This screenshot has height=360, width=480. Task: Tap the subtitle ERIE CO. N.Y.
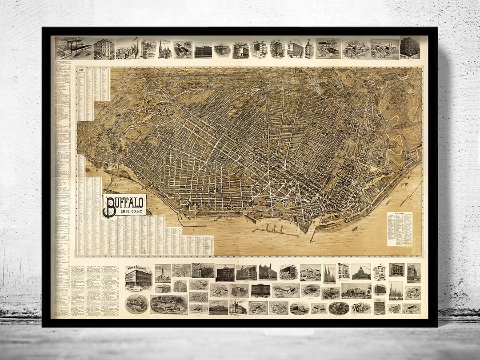click(130, 212)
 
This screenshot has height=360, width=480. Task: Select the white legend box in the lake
click(400, 228)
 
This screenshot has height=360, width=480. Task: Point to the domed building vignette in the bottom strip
click(361, 272)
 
